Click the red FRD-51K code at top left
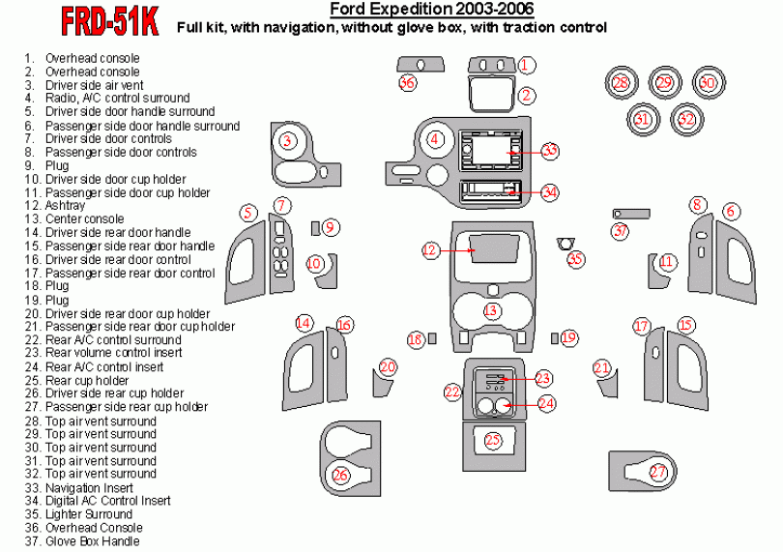click(108, 22)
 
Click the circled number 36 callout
click(408, 84)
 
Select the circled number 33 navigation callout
click(550, 152)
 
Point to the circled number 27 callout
click(658, 473)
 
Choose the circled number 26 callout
click(340, 474)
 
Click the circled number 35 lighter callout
click(576, 259)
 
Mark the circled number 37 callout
click(620, 231)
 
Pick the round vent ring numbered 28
click(621, 84)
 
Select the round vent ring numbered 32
click(686, 119)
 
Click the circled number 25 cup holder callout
click(493, 441)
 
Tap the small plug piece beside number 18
click(432, 338)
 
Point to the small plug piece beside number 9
click(315, 227)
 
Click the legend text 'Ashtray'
click(65, 206)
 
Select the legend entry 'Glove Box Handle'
click(92, 541)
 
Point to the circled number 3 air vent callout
click(287, 141)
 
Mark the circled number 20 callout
click(388, 367)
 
